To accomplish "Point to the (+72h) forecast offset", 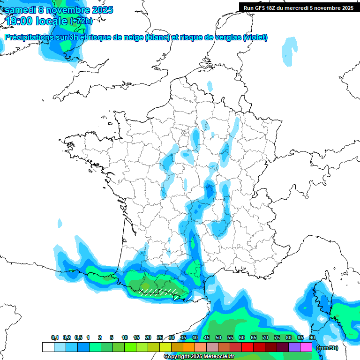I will pyautogui.click(x=81, y=21).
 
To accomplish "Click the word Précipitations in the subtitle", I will pyautogui.click(x=28, y=37).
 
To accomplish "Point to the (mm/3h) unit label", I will pyautogui.click(x=327, y=347).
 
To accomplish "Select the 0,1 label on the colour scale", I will pyautogui.click(x=55, y=337).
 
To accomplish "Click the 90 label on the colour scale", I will pyautogui.click(x=312, y=337).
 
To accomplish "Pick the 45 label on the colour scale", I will pyautogui.click(x=207, y=337).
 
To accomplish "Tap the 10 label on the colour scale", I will pyautogui.click(x=125, y=337).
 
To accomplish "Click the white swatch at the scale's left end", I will pyautogui.click(x=48, y=347).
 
